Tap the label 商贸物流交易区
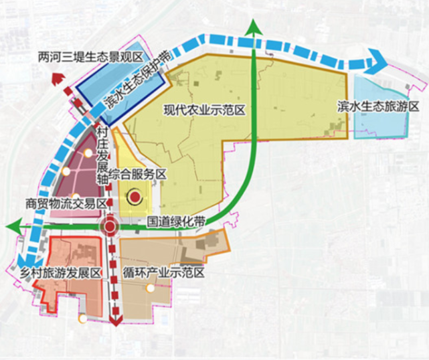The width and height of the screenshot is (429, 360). [66, 203]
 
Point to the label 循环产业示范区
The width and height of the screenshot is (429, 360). [163, 273]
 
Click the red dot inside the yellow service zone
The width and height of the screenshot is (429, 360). [135, 197]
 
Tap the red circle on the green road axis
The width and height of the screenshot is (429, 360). [110, 228]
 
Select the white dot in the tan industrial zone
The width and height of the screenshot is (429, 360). [151, 288]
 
